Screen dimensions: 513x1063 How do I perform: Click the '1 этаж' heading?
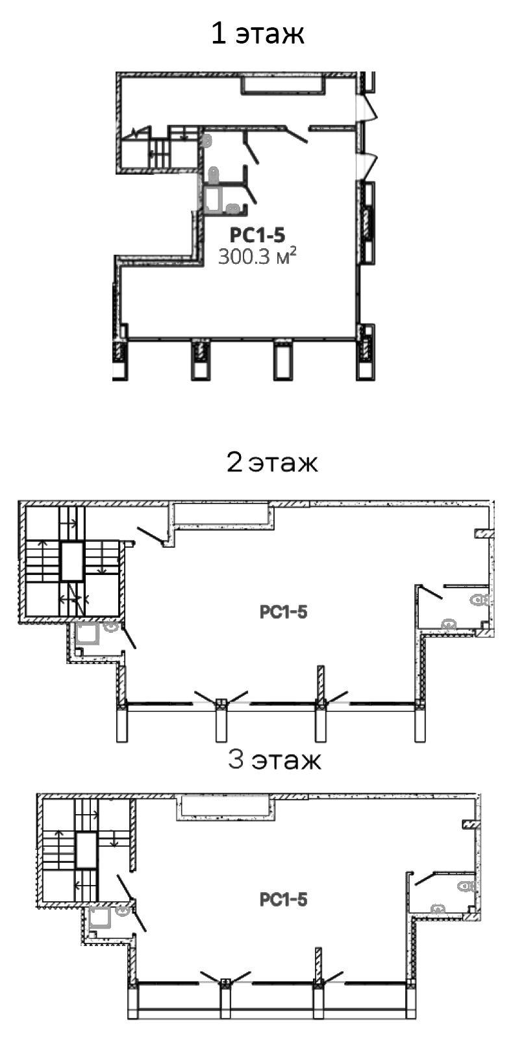point(257,34)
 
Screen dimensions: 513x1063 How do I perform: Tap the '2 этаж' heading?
point(272,462)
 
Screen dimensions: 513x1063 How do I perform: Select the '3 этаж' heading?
point(275,760)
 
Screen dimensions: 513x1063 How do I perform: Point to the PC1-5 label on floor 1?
point(257,235)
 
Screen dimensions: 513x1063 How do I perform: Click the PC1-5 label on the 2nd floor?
point(284,611)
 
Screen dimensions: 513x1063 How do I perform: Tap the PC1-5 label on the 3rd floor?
point(284,899)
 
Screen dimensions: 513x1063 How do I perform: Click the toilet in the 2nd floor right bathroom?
point(480,600)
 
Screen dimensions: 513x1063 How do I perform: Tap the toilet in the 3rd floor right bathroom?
point(466,886)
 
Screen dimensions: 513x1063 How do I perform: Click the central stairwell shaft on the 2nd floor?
point(72,562)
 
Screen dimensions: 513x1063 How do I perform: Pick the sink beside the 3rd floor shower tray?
point(123,911)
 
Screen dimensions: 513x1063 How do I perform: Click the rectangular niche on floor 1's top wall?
point(284,84)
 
